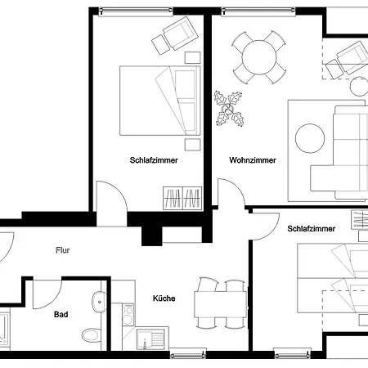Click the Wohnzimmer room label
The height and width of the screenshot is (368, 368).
coord(253,160)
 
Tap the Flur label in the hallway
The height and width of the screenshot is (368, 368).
coord(62,250)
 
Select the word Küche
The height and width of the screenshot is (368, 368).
coord(164,298)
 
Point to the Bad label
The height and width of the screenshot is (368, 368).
coord(61,315)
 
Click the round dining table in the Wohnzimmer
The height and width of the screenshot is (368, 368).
coord(259,57)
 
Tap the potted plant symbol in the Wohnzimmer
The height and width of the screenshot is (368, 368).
coord(229,109)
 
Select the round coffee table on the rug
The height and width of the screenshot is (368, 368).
coord(310,138)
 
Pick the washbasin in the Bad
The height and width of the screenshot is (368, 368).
coord(99,302)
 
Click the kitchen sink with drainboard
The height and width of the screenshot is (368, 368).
coord(150,339)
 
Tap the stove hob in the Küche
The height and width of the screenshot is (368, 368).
coord(128,315)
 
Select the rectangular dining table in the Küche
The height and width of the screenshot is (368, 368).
coord(221,304)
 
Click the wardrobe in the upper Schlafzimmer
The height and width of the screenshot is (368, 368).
coord(182,198)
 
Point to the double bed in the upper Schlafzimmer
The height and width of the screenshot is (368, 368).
coord(160,101)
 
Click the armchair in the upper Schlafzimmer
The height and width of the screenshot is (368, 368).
coord(180,34)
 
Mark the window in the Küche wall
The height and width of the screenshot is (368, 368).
coord(187,354)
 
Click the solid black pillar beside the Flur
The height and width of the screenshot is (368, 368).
coord(152,236)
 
